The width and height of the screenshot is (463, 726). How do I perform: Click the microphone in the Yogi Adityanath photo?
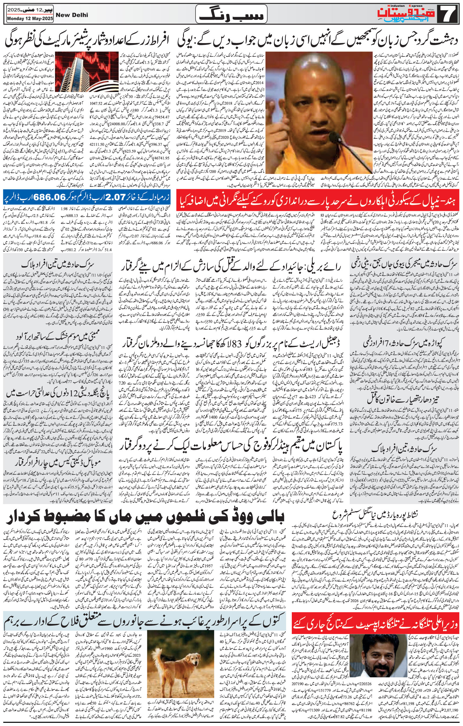(335, 136)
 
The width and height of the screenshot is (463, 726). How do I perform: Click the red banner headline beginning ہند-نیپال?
(318, 199)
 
